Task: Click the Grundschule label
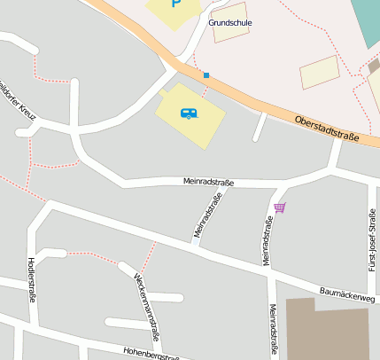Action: pos(230,22)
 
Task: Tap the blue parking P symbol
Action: pos(175,4)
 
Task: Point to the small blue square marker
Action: pos(206,75)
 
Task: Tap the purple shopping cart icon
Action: pos(280,207)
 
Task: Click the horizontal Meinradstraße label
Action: pos(208,182)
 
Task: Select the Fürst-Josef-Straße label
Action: pos(372,239)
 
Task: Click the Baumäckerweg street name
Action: pos(347,293)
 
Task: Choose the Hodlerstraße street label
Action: pos(32,279)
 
